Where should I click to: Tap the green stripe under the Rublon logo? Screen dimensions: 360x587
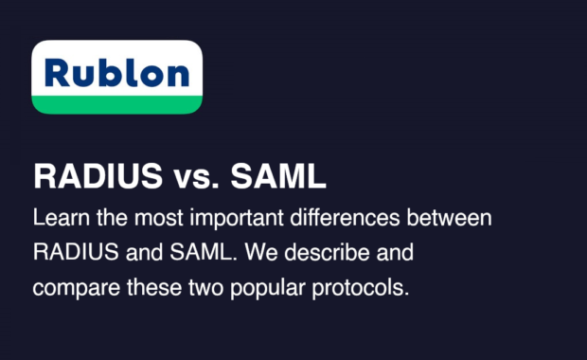(116, 103)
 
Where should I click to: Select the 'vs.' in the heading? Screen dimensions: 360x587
(178, 176)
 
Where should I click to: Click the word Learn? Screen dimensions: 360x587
(57, 218)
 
